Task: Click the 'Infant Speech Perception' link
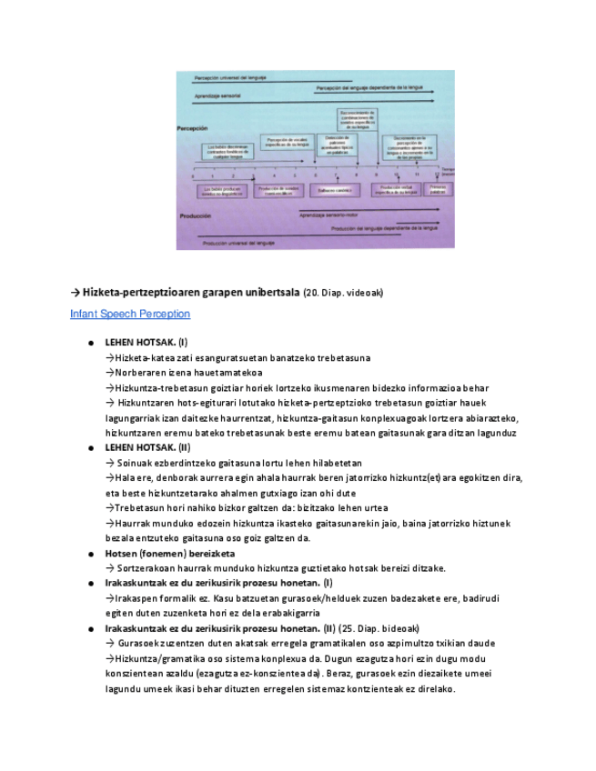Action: pyautogui.click(x=130, y=314)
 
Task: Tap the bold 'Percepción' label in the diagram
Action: pyautogui.click(x=194, y=130)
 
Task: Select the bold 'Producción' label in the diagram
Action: pyautogui.click(x=196, y=215)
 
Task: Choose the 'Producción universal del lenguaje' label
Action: pyautogui.click(x=238, y=244)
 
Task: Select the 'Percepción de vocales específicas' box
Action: pyautogui.click(x=288, y=141)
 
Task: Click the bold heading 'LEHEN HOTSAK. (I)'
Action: pyautogui.click(x=146, y=343)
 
